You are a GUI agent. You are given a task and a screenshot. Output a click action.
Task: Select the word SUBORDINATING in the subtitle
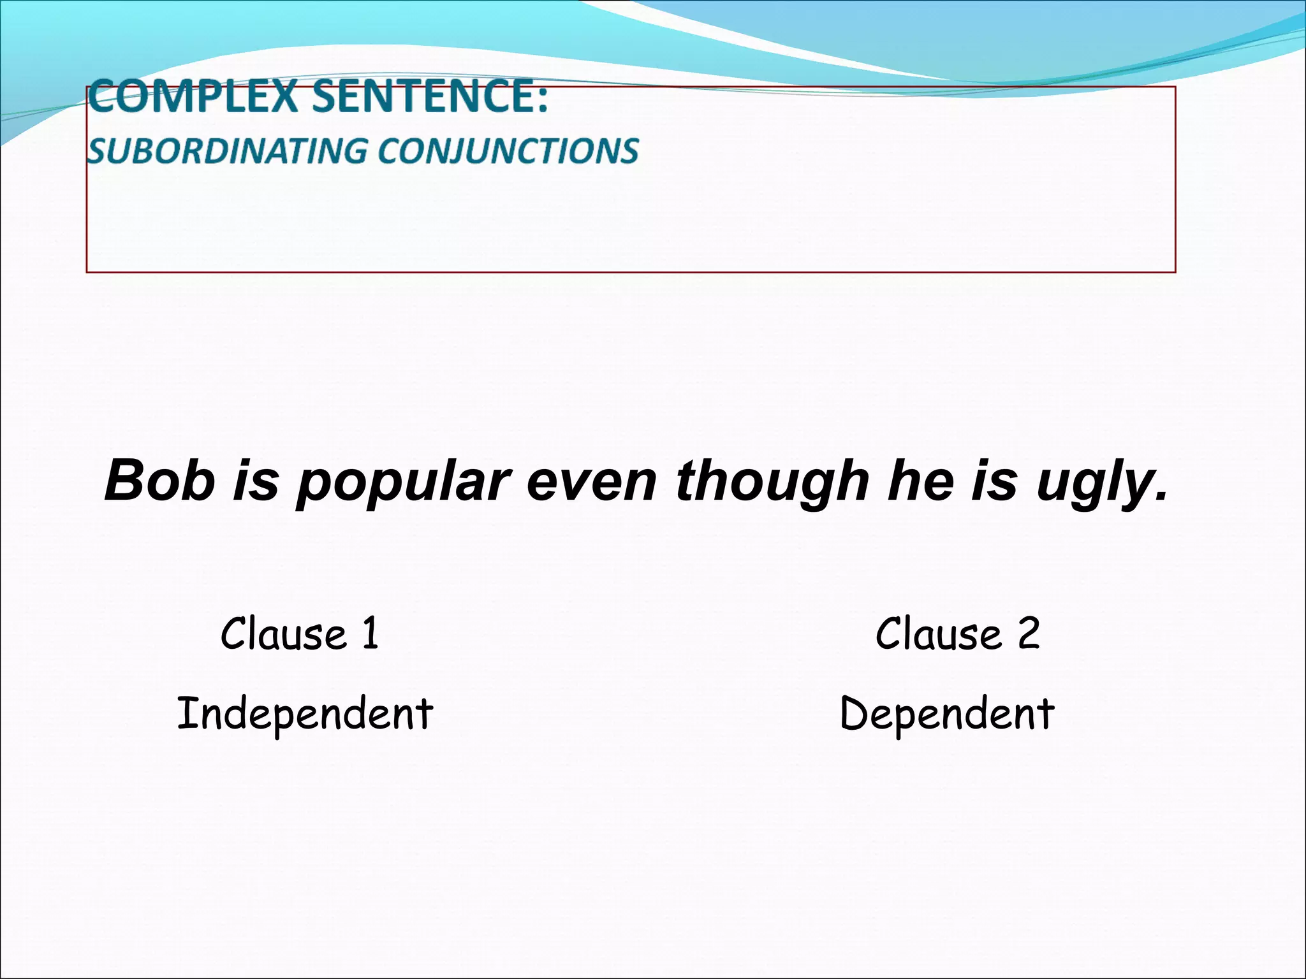226,151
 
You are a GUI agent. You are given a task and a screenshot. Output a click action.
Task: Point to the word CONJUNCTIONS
508,151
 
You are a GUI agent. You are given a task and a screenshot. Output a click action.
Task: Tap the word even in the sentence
592,481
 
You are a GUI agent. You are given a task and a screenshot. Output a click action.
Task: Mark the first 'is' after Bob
256,481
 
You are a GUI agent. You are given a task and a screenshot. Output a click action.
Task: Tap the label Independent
305,714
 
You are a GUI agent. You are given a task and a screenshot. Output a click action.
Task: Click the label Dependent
947,714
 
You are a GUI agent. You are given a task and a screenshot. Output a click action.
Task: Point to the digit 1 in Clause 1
370,634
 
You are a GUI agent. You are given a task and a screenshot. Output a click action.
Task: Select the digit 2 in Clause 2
1028,634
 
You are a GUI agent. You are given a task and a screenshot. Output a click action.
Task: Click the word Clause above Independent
283,634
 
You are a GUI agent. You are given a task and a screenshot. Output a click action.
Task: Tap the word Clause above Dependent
938,634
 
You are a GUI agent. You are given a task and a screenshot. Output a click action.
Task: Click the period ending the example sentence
1162,495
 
